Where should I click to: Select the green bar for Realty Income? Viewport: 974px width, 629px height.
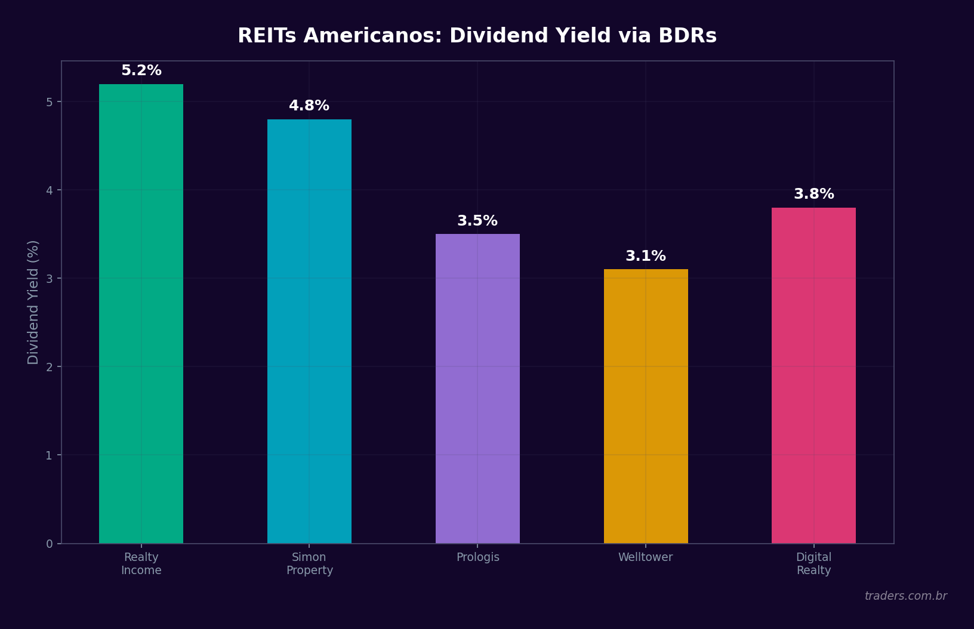(x=141, y=313)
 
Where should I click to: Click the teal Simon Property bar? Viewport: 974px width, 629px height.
(x=309, y=331)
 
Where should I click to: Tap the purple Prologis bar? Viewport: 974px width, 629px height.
(x=477, y=388)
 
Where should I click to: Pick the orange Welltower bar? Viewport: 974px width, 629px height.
(x=646, y=406)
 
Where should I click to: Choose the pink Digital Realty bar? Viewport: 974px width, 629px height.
(x=813, y=376)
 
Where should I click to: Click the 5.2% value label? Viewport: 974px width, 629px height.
(x=141, y=70)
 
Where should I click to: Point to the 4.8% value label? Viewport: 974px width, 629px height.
(x=309, y=106)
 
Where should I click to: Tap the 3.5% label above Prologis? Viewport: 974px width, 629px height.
(x=477, y=221)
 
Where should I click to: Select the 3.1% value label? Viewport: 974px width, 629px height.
(x=646, y=256)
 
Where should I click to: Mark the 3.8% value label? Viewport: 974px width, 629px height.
(x=813, y=194)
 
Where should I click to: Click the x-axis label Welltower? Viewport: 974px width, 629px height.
(x=645, y=557)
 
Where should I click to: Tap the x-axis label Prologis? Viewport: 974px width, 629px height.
(x=477, y=557)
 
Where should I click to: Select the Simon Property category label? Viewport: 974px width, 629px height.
(x=309, y=564)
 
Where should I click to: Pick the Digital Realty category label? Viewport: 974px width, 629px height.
(x=813, y=564)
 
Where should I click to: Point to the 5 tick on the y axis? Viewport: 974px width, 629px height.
(x=50, y=102)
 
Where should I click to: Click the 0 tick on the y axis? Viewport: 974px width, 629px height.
(x=50, y=544)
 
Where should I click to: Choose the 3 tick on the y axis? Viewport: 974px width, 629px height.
(x=50, y=279)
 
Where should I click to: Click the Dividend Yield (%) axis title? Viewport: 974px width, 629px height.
(x=33, y=302)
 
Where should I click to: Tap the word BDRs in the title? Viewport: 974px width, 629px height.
(x=687, y=36)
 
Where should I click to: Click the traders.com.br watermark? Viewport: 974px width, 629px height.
(x=905, y=596)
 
